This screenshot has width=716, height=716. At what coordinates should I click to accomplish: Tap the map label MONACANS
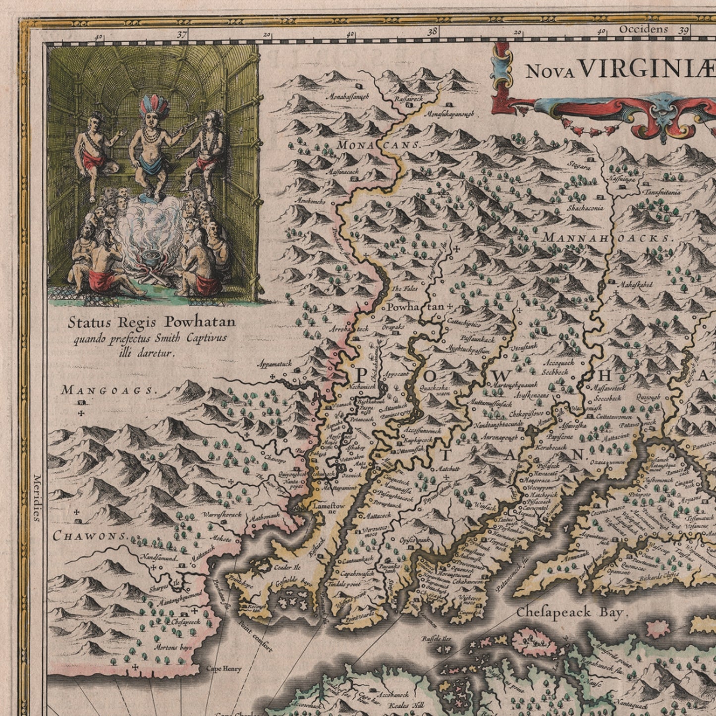point(379,145)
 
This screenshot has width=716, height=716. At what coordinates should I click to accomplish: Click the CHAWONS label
point(90,536)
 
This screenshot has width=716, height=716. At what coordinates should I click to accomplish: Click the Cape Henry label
point(224,668)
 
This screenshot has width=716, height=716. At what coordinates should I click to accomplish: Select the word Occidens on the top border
point(643,29)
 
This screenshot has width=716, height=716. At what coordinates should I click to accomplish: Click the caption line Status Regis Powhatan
point(151,323)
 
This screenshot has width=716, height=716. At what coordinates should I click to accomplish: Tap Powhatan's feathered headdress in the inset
point(154,106)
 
